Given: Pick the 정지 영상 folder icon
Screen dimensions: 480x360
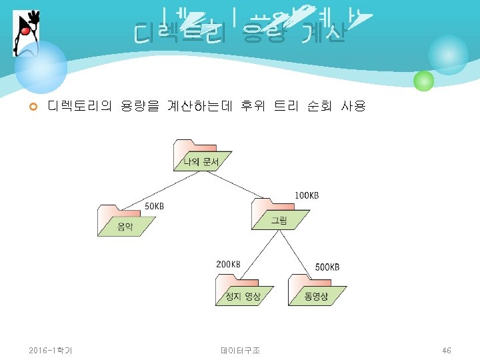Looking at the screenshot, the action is tap(242, 289).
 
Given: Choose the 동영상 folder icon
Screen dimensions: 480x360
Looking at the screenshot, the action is tap(317, 289).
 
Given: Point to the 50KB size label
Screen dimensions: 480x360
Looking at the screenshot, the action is tap(154, 206).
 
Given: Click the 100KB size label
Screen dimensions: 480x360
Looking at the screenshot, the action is tap(307, 195).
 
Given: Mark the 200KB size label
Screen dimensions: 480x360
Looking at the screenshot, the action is tap(228, 264).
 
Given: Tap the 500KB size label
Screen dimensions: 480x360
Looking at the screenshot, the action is tap(327, 267).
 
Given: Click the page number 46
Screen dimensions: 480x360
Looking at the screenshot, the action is tap(447, 350).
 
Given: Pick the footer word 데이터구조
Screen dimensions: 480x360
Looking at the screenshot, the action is tap(239, 350).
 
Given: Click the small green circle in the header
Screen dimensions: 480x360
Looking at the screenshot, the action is tap(423, 81).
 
